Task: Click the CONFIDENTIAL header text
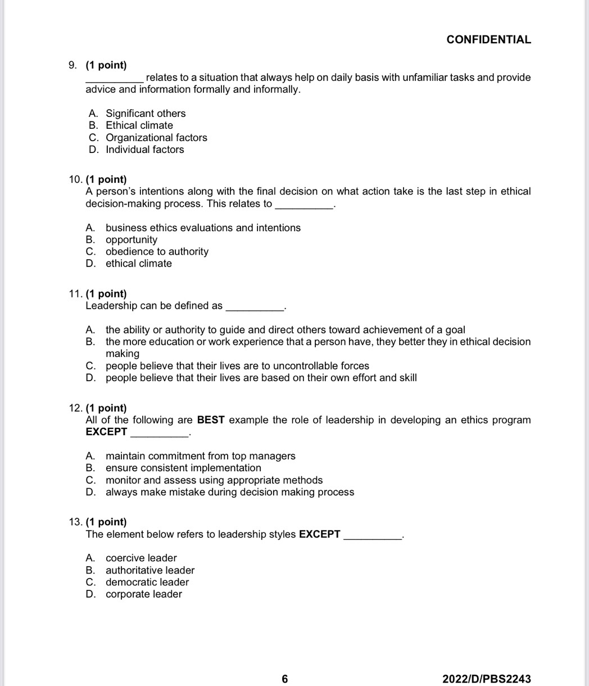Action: tap(488, 39)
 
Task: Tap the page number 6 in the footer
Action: tap(284, 679)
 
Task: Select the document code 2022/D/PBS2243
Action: tap(486, 679)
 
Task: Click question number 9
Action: tap(73, 65)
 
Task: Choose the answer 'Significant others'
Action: tap(146, 114)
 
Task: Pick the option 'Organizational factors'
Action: tap(156, 138)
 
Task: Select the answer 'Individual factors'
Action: tap(144, 150)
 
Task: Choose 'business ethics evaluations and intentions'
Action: tap(203, 228)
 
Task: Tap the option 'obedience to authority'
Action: tap(157, 251)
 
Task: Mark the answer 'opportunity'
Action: tap(132, 240)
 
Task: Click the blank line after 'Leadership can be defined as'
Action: tap(254, 307)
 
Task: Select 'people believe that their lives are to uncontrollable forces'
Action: tap(237, 366)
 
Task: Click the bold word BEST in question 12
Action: tap(211, 420)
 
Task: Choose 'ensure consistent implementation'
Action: tap(183, 468)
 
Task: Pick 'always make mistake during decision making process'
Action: tap(230, 492)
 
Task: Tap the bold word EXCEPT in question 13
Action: tap(319, 534)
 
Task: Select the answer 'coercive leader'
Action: tap(141, 558)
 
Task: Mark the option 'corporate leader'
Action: tap(144, 594)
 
